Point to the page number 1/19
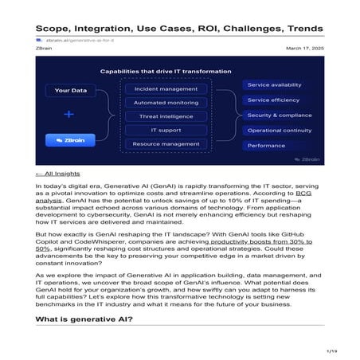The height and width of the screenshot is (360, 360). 331,350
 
